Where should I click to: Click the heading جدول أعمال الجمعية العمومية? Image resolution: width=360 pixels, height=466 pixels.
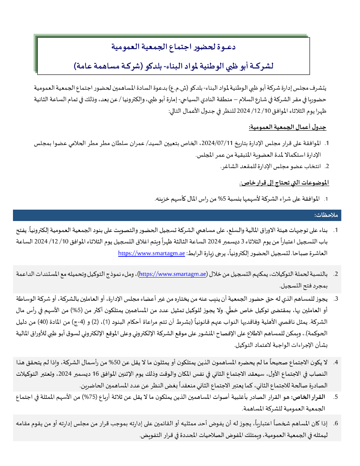288,128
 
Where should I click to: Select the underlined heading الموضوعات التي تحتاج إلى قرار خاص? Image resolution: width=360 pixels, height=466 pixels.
285,183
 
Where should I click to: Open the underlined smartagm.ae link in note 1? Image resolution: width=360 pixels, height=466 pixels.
152,254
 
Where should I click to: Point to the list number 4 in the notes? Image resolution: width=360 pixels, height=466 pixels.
336,362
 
